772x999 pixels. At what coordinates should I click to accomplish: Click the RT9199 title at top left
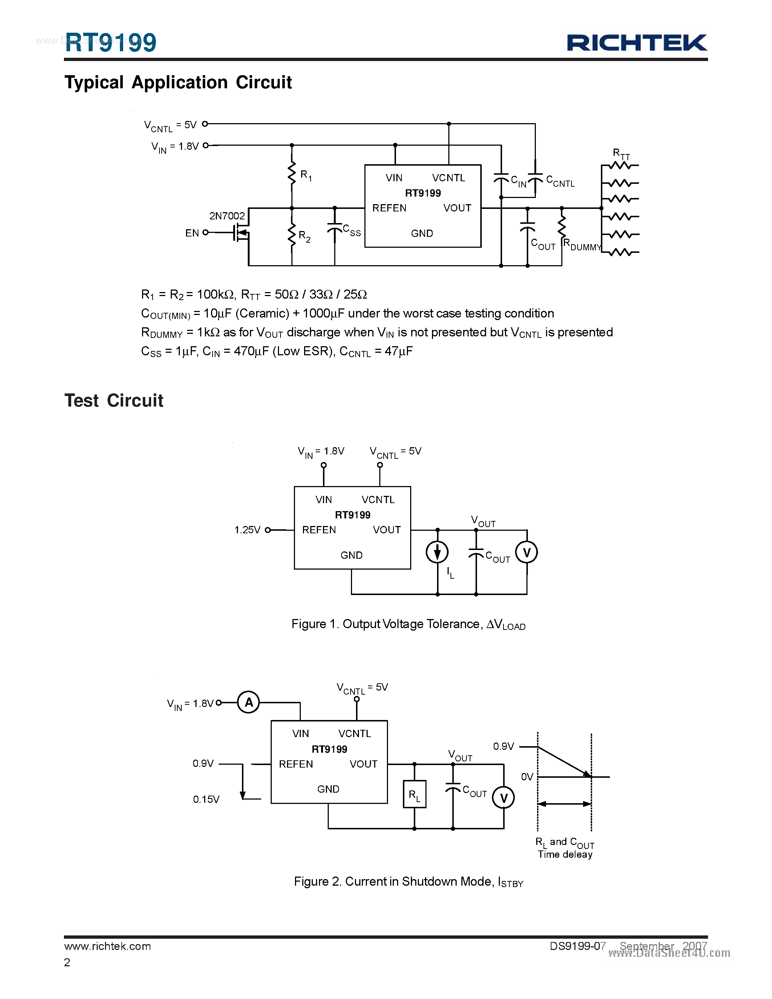(111, 43)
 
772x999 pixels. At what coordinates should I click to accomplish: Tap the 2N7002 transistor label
(227, 216)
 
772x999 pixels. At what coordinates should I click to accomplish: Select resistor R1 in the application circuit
(292, 174)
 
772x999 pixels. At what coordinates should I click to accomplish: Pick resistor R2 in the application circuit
(292, 235)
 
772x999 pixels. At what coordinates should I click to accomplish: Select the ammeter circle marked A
(248, 702)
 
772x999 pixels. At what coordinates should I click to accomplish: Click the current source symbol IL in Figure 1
(437, 552)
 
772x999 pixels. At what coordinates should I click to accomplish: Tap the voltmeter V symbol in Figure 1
(526, 552)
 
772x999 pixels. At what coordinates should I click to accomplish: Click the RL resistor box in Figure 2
(415, 794)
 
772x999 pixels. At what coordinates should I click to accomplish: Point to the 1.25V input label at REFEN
(247, 530)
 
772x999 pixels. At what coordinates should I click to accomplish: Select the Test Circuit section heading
(113, 400)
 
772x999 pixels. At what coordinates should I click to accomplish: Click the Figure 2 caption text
(408, 881)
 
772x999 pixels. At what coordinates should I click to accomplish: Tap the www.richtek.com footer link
(108, 946)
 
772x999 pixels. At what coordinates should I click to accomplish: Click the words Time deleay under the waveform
(565, 854)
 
